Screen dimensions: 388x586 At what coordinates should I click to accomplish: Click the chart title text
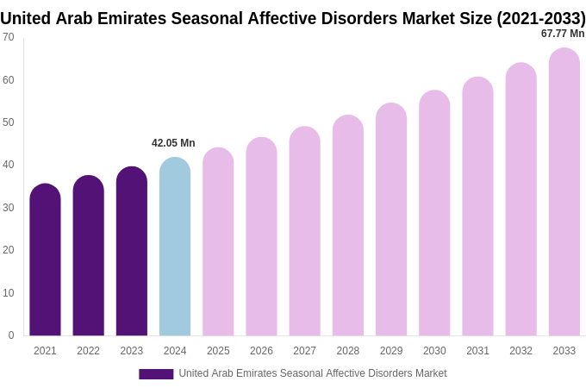coord(293,18)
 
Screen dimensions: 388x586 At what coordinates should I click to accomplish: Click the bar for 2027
coord(304,233)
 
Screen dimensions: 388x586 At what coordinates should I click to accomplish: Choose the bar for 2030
coord(434,216)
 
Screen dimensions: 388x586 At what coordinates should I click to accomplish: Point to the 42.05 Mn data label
coord(173,143)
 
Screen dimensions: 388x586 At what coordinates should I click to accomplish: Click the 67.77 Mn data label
coord(563,34)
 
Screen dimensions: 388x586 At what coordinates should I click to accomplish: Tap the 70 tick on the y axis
coord(9,37)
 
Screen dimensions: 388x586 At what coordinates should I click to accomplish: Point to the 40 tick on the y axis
coord(9,165)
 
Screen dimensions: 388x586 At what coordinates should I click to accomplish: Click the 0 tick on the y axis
coord(11,335)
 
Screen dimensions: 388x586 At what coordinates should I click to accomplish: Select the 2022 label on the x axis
coord(88,351)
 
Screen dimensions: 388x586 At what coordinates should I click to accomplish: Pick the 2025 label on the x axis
coord(218,351)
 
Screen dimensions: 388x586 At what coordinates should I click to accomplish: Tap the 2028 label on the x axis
coord(348,351)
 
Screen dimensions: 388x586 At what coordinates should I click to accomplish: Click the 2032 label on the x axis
coord(521,351)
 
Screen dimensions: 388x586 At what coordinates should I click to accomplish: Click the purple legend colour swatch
coord(156,374)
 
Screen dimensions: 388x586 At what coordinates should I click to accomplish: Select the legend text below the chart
coord(312,373)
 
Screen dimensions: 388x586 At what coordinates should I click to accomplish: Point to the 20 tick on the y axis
coord(9,250)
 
